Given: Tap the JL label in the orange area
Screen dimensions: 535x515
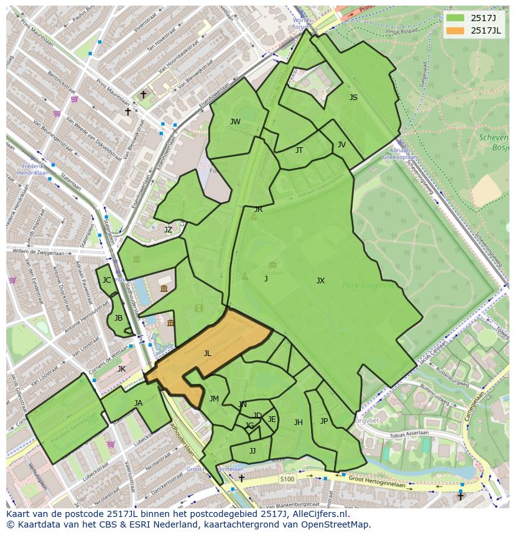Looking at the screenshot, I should click(208, 353).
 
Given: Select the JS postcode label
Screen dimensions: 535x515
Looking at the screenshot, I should click(353, 97).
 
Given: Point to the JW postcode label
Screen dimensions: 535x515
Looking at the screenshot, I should click(235, 121).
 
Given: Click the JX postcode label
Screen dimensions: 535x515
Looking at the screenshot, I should click(320, 281).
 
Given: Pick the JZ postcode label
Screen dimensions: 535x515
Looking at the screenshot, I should click(168, 229).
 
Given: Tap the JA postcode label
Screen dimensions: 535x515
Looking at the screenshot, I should click(138, 403).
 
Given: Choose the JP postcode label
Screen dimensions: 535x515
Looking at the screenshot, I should click(324, 421).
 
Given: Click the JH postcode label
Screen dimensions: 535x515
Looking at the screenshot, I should click(299, 423).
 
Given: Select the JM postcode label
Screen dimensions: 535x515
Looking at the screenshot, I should click(214, 398).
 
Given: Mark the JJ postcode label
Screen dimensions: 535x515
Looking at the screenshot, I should click(253, 450).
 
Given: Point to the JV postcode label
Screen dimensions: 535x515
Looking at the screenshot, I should click(341, 144).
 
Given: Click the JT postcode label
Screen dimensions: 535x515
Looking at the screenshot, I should click(299, 150).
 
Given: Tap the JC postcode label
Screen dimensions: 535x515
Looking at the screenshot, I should click(106, 280).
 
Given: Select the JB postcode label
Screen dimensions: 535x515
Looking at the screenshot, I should click(118, 318).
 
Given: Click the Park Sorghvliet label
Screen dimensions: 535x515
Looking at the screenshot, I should click(367, 285).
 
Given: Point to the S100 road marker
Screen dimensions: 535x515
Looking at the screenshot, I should click(287, 479).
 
